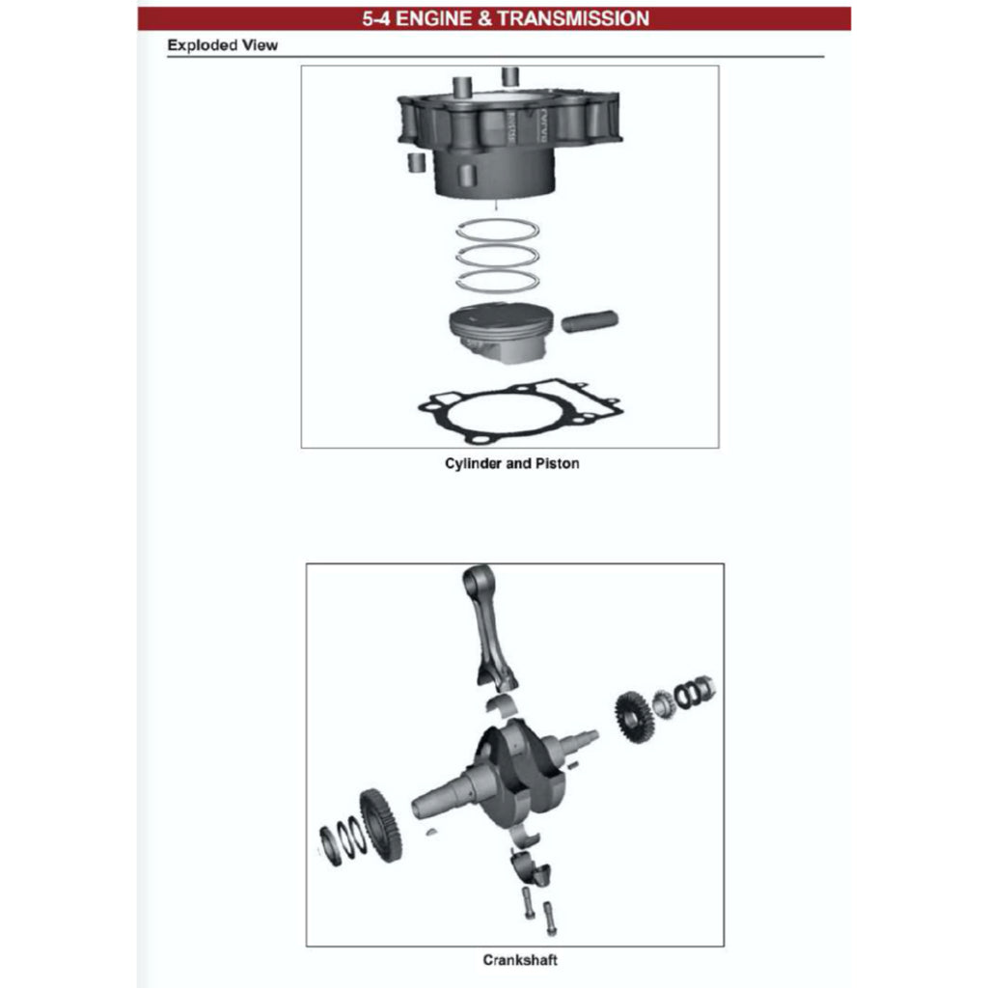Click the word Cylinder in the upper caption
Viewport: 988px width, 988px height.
[x=474, y=464]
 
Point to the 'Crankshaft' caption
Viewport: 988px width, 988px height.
[x=520, y=960]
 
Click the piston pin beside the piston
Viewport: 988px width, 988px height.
[x=590, y=321]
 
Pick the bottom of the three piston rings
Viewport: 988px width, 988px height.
[x=497, y=281]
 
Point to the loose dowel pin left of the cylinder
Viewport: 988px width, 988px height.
[x=416, y=161]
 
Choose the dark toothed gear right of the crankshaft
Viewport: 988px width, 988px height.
[x=634, y=717]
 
